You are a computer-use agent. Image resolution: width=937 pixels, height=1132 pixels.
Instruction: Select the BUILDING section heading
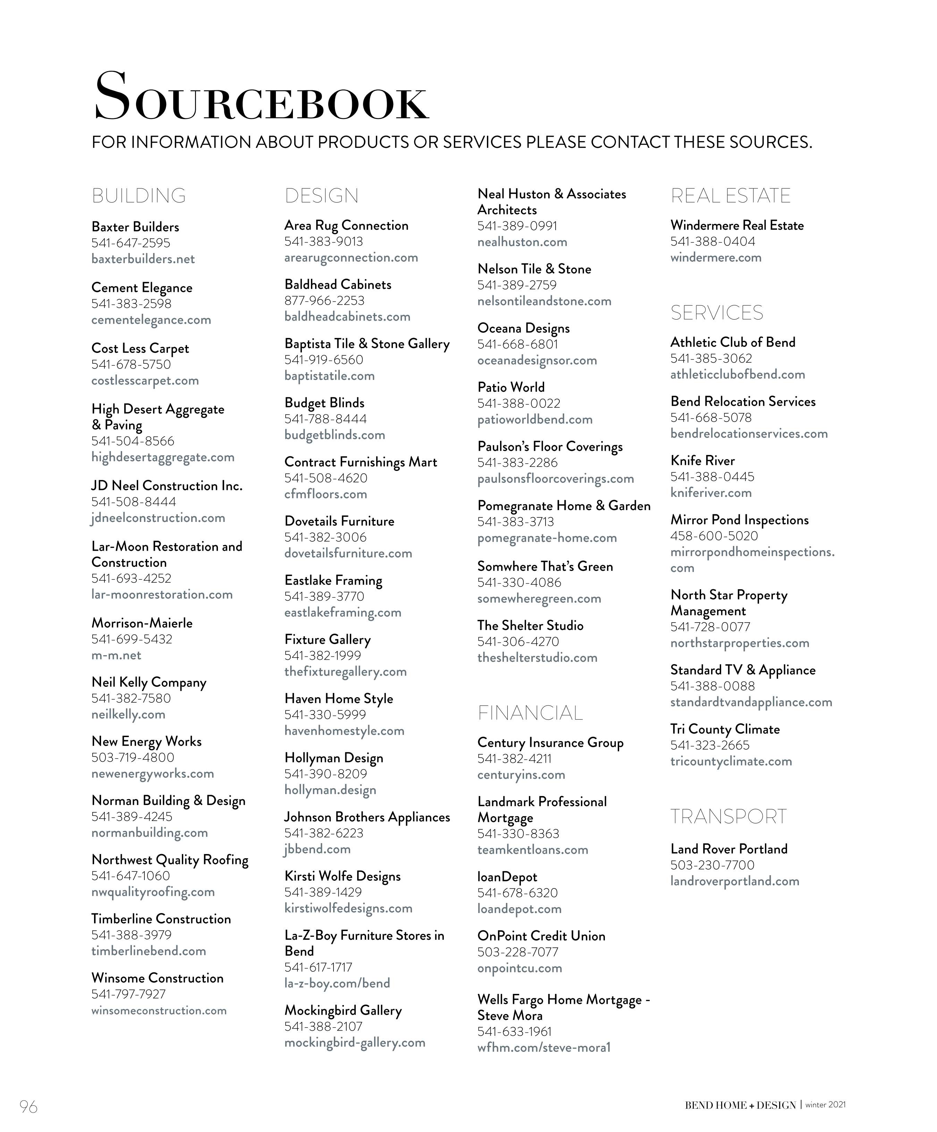pos(138,196)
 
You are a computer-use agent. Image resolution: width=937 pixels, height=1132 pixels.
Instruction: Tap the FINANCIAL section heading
pos(530,713)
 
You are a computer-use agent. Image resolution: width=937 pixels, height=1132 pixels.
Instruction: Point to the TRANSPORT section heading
pos(728,817)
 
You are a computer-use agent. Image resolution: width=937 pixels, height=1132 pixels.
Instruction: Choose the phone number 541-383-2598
pos(132,304)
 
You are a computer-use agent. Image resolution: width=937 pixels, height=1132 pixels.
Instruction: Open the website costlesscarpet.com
pos(145,381)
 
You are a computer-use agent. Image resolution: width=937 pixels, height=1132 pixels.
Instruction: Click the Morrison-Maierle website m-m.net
pos(117,656)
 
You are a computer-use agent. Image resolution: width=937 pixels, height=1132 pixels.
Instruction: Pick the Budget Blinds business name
pos(324,403)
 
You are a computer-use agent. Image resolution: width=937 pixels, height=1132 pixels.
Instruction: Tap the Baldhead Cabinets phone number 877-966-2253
pos(324,301)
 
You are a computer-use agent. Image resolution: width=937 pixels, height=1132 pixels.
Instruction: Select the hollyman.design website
pos(330,790)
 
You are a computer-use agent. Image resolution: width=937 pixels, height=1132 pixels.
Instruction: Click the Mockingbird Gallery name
pos(343,1011)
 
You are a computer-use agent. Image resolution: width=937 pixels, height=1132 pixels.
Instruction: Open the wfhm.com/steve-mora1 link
pos(544,1048)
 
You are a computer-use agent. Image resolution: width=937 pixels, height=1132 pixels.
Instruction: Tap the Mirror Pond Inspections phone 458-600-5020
pos(714,537)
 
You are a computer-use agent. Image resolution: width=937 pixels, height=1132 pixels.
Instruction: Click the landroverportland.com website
pos(735,881)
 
